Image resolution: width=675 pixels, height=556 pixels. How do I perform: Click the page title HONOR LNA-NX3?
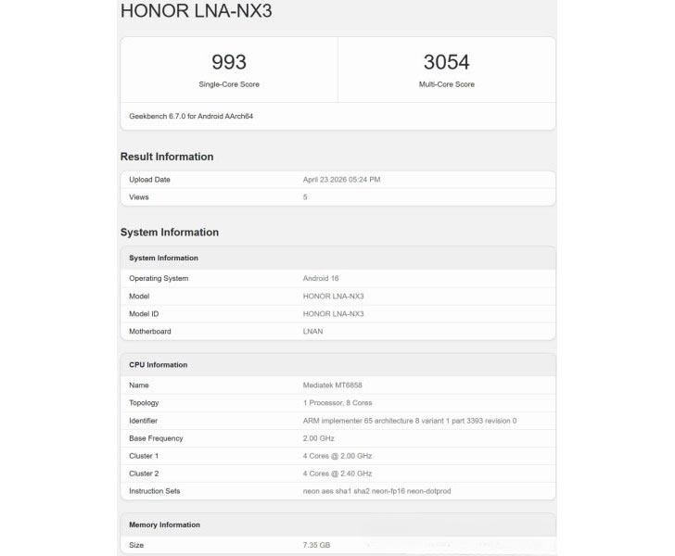click(197, 11)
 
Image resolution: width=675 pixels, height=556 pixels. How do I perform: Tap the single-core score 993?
click(229, 62)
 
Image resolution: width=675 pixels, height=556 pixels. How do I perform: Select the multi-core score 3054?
click(446, 62)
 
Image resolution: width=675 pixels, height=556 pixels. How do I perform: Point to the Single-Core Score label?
click(229, 84)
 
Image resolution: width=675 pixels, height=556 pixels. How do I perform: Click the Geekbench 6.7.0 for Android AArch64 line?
click(191, 117)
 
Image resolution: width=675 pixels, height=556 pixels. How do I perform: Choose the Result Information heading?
click(167, 157)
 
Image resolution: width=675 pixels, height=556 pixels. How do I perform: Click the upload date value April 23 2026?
click(341, 179)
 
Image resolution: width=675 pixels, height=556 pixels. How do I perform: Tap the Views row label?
click(139, 196)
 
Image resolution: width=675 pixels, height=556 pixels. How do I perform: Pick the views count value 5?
click(305, 196)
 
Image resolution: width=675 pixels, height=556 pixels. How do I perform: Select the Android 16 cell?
click(321, 278)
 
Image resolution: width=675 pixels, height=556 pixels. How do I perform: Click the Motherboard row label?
click(150, 331)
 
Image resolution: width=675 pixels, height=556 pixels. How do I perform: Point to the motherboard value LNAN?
click(313, 331)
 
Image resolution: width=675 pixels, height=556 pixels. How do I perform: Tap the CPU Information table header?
click(158, 364)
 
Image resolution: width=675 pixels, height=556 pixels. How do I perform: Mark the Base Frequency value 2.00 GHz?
click(320, 437)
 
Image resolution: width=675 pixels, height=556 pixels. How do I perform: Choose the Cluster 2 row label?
click(144, 473)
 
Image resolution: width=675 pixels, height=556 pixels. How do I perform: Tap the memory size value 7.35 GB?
click(316, 545)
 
